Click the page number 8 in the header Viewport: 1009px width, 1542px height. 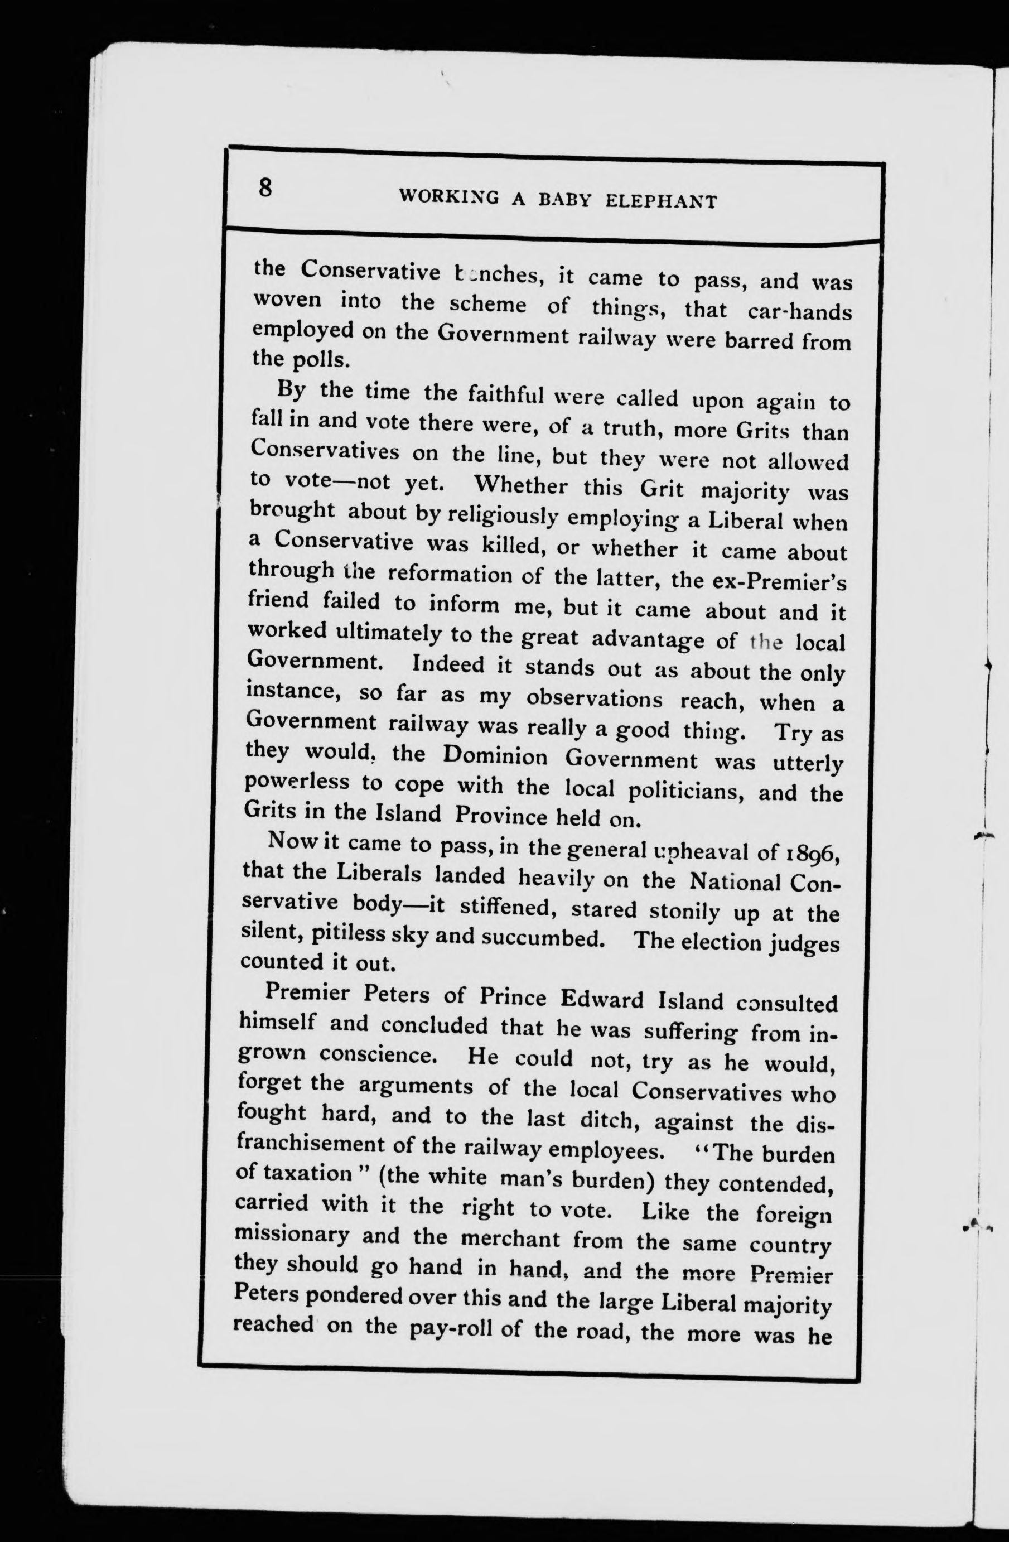click(265, 187)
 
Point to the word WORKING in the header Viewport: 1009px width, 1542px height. click(449, 196)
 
